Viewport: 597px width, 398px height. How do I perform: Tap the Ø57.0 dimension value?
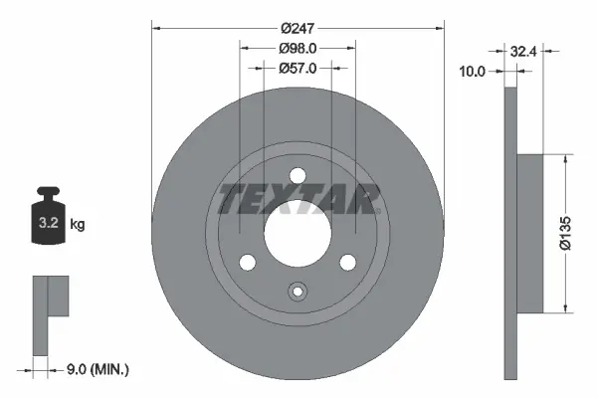pos(298,69)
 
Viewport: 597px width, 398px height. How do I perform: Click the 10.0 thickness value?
pos(473,70)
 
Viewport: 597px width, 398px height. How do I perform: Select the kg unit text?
pos(78,225)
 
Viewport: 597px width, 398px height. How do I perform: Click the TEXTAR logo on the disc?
pos(298,199)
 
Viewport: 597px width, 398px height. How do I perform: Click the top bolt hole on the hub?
pos(298,177)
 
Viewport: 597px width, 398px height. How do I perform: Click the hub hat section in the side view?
pos(529,230)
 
